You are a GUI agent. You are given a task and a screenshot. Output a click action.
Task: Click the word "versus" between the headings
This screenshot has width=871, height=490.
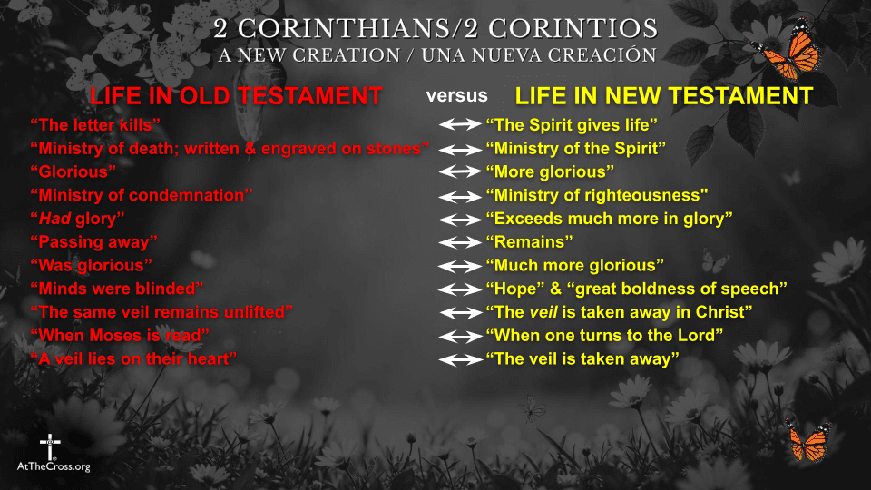pos(457,95)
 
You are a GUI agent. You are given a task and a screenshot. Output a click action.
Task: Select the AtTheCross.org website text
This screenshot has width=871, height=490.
pos(54,466)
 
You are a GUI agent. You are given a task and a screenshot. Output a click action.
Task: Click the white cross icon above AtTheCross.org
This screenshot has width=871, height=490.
pos(49,446)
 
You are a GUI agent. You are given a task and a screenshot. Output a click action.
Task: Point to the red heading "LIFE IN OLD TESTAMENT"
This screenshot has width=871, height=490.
pos(236,96)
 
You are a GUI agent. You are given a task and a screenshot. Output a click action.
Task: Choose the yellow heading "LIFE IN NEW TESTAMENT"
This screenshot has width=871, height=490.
pos(664,96)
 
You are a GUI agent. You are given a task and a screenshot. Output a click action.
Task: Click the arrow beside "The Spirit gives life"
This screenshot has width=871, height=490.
pos(460,124)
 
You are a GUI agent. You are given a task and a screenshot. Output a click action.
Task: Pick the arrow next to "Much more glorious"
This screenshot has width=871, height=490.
pos(460,266)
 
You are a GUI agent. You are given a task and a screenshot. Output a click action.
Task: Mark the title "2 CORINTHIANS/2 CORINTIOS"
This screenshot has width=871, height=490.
pos(435,27)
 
